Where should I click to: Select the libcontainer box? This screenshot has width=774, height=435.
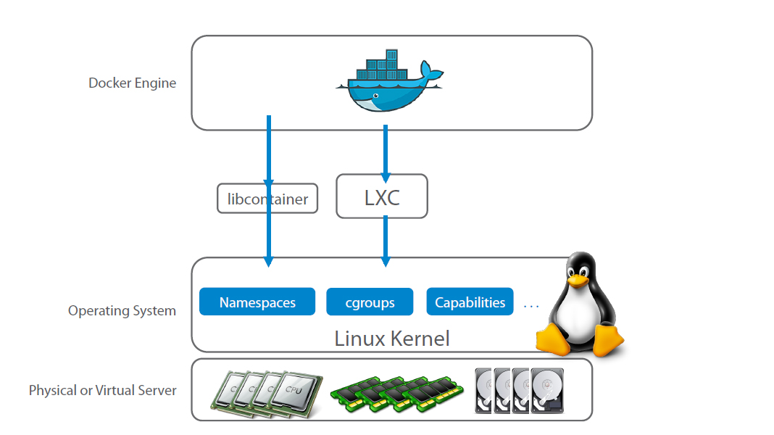pos(267,199)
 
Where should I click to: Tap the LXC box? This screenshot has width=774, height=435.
pos(382,196)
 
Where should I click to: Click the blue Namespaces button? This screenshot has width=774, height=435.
pos(257,302)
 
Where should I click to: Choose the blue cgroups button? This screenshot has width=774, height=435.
pos(370,302)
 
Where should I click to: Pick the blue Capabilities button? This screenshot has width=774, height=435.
pos(470,302)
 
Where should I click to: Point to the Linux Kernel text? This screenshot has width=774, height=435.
pos(391,339)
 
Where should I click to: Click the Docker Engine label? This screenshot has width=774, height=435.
pos(132,83)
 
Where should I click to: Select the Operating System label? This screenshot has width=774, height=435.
pos(122,311)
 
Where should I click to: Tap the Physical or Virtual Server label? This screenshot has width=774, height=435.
pos(102,390)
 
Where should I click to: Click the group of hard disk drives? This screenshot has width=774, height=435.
pos(520,391)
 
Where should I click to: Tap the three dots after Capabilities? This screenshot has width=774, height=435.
pos(531,306)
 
